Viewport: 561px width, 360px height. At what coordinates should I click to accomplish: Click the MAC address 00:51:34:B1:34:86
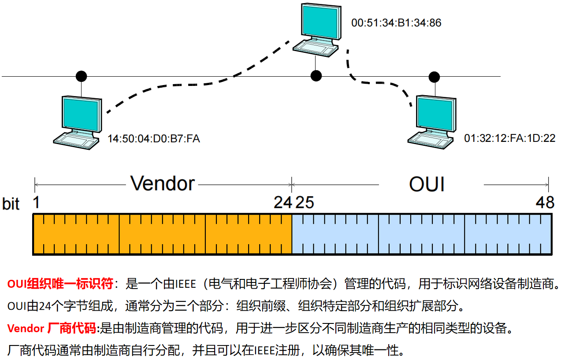click(396, 23)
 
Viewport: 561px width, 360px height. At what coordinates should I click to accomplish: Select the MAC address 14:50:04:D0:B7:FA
click(153, 139)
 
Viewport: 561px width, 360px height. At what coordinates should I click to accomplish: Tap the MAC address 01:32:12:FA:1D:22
click(509, 138)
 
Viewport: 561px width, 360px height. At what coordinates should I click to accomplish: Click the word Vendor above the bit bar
click(162, 183)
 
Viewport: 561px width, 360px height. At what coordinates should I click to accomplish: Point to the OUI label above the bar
click(427, 184)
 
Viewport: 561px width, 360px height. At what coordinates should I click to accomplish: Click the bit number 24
click(283, 202)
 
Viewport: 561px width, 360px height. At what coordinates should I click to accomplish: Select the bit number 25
click(305, 202)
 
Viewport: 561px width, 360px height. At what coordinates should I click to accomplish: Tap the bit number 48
click(545, 202)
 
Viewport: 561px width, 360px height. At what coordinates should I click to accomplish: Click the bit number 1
click(36, 202)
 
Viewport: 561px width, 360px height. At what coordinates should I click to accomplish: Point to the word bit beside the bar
click(11, 204)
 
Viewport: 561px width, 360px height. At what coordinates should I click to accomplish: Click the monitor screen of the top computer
click(320, 22)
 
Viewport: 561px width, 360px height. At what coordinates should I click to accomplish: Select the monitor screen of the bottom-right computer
click(435, 114)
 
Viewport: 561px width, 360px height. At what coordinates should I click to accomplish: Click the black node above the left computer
click(81, 76)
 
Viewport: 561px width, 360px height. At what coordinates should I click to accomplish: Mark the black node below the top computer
click(316, 76)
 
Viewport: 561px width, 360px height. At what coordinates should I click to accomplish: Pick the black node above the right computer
click(434, 77)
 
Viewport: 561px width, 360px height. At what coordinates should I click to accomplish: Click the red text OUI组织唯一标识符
click(60, 284)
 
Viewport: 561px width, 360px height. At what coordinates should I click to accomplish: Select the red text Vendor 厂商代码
click(52, 328)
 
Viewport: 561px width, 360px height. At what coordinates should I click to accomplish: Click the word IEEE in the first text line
click(186, 284)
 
